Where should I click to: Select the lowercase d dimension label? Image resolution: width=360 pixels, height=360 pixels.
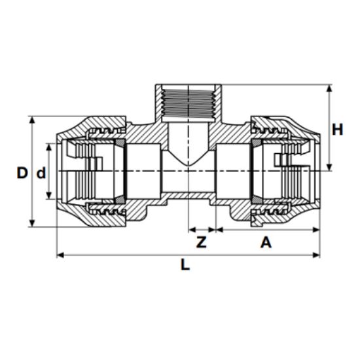pyautogui.click(x=41, y=173)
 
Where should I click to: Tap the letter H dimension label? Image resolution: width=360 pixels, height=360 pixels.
pyautogui.click(x=337, y=129)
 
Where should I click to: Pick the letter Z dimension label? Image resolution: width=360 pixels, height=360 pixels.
pyautogui.click(x=202, y=242)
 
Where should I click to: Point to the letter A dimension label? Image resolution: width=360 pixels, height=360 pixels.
pyautogui.click(x=266, y=242)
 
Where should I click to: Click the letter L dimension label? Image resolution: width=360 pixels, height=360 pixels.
pyautogui.click(x=185, y=266)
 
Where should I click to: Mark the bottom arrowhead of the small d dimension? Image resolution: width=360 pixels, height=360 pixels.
pyautogui.click(x=50, y=199)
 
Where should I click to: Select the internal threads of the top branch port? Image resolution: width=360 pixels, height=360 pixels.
pyautogui.click(x=187, y=105)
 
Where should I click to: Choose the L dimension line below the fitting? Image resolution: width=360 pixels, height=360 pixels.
pyautogui.click(x=131, y=254)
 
